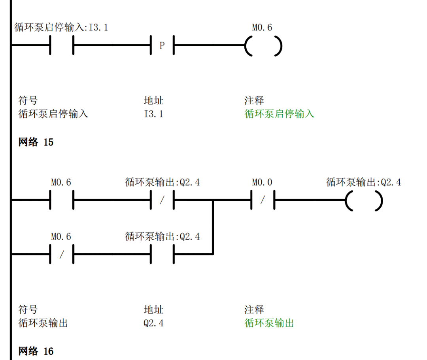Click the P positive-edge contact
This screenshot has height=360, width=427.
162,46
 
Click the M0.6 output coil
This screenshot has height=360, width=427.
263,46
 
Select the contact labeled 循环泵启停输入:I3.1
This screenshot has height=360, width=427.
62,46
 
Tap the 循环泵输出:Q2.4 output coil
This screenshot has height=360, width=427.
364,200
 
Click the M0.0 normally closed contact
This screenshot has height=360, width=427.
263,200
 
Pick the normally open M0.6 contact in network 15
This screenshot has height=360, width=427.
62,200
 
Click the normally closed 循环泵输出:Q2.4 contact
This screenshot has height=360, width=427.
162,200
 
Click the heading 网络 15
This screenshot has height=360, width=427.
36,142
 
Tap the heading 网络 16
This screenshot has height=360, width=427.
36,351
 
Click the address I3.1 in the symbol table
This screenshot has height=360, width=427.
153,114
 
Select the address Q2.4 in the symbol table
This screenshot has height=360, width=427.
153,323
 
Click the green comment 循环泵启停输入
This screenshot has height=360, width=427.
279,114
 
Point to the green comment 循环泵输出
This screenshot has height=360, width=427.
269,323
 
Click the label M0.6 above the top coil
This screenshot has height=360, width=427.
262,28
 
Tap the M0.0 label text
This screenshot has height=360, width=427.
262,183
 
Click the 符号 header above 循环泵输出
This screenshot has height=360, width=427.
28,309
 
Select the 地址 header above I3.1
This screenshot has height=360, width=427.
153,100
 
